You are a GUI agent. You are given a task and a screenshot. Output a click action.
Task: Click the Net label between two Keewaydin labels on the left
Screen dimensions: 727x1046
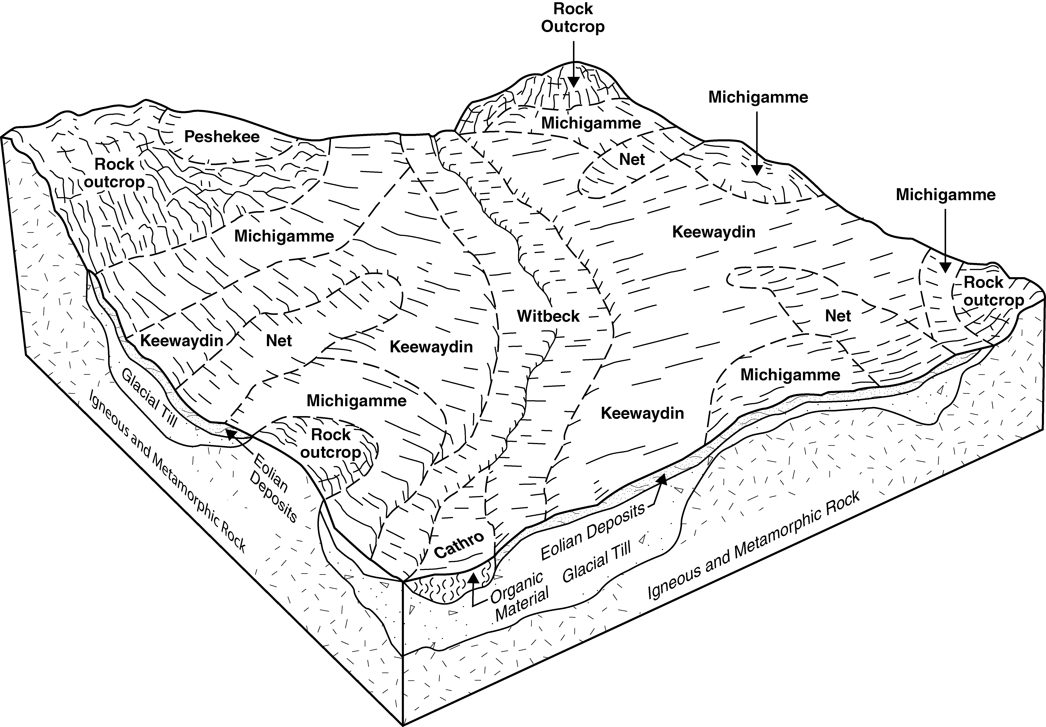tap(279, 341)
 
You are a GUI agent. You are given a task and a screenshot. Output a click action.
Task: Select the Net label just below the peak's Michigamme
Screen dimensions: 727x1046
tap(632, 159)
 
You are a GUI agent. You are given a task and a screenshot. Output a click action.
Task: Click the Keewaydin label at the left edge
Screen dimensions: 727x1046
tap(182, 341)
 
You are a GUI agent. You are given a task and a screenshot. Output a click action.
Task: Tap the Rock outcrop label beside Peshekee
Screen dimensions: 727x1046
tap(115, 173)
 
